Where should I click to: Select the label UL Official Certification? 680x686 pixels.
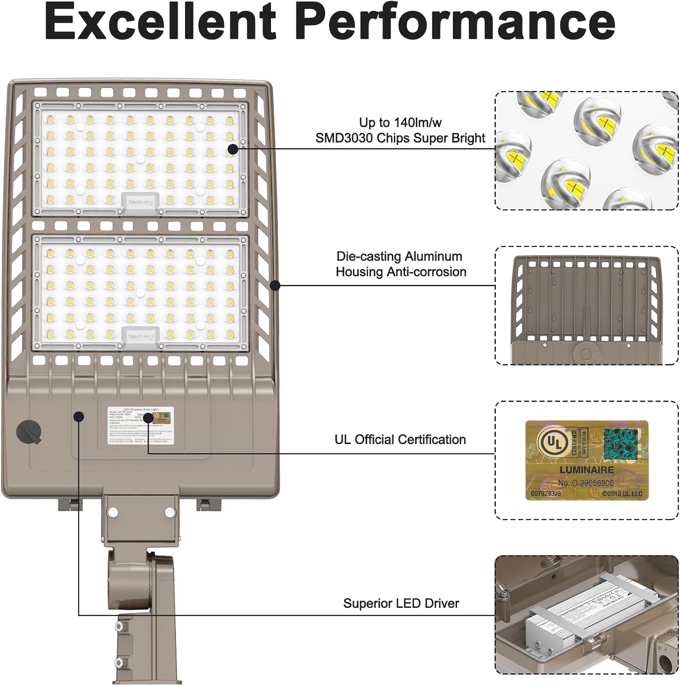point(400,439)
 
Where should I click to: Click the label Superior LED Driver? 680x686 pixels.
point(401,603)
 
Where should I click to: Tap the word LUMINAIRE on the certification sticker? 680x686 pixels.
point(586,470)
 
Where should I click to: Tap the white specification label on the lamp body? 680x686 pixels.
point(141,425)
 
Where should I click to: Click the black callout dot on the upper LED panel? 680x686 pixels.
point(233,149)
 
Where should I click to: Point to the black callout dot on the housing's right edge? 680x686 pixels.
point(275,285)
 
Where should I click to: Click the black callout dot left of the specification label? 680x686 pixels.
point(79,416)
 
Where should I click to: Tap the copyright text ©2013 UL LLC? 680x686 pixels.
point(622,493)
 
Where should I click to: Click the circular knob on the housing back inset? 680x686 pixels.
point(586,354)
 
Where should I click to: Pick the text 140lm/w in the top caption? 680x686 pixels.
point(416,123)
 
